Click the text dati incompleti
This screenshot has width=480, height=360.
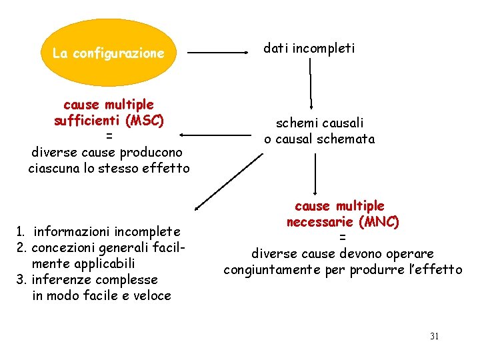309,48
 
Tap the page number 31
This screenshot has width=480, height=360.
434,336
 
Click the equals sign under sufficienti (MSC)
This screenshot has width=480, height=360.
109,137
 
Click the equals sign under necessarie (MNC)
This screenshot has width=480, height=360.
342,238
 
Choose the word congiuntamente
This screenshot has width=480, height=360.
273,270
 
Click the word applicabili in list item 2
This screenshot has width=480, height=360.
102,263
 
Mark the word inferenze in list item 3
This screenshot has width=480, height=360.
61,279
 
